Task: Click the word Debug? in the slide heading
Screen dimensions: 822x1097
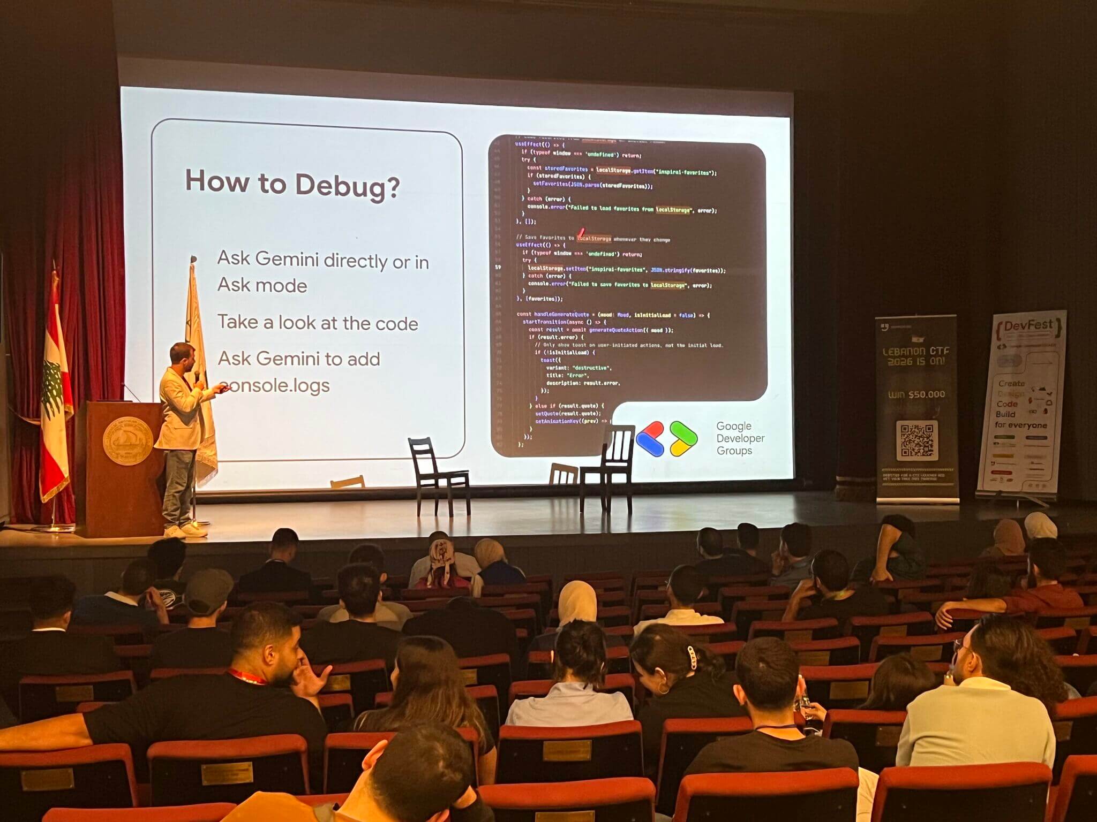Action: point(347,186)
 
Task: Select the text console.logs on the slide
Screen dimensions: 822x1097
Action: point(275,385)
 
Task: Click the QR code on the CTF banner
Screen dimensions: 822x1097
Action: point(916,440)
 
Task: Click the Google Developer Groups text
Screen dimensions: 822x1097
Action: point(740,438)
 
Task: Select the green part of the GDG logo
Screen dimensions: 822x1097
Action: point(683,438)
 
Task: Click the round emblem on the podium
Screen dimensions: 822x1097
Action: point(127,440)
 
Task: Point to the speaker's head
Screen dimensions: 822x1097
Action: point(182,354)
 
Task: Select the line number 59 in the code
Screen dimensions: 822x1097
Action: point(498,267)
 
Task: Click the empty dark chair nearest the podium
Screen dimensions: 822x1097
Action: point(438,474)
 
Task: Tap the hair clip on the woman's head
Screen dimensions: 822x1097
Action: point(692,657)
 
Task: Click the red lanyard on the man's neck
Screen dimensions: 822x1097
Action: point(247,676)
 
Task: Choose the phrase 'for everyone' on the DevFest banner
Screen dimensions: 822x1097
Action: point(1020,425)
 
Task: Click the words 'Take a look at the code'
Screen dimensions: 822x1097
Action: point(318,323)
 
